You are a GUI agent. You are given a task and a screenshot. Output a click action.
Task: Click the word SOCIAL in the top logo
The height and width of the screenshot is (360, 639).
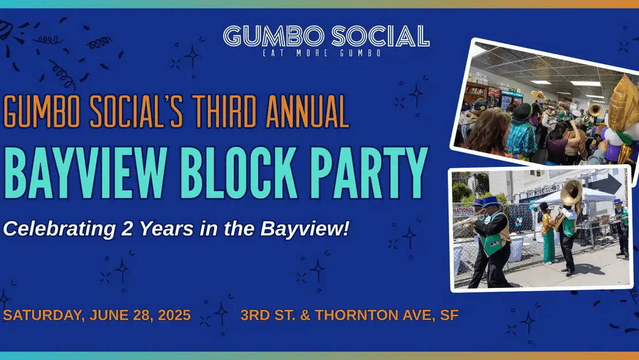[x=381, y=36]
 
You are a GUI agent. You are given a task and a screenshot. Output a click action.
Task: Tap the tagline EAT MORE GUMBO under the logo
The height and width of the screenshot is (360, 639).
[x=322, y=53]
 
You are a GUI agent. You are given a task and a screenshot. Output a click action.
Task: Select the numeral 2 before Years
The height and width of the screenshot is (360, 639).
[x=127, y=228]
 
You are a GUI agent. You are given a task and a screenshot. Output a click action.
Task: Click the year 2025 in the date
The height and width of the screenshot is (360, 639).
[x=174, y=315]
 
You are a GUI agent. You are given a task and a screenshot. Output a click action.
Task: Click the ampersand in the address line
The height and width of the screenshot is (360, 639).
[x=305, y=315]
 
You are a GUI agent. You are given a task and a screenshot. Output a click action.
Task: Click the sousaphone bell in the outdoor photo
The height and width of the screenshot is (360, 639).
[x=571, y=192]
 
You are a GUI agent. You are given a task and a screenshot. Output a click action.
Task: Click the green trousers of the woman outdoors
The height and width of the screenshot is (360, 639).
[x=549, y=245]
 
